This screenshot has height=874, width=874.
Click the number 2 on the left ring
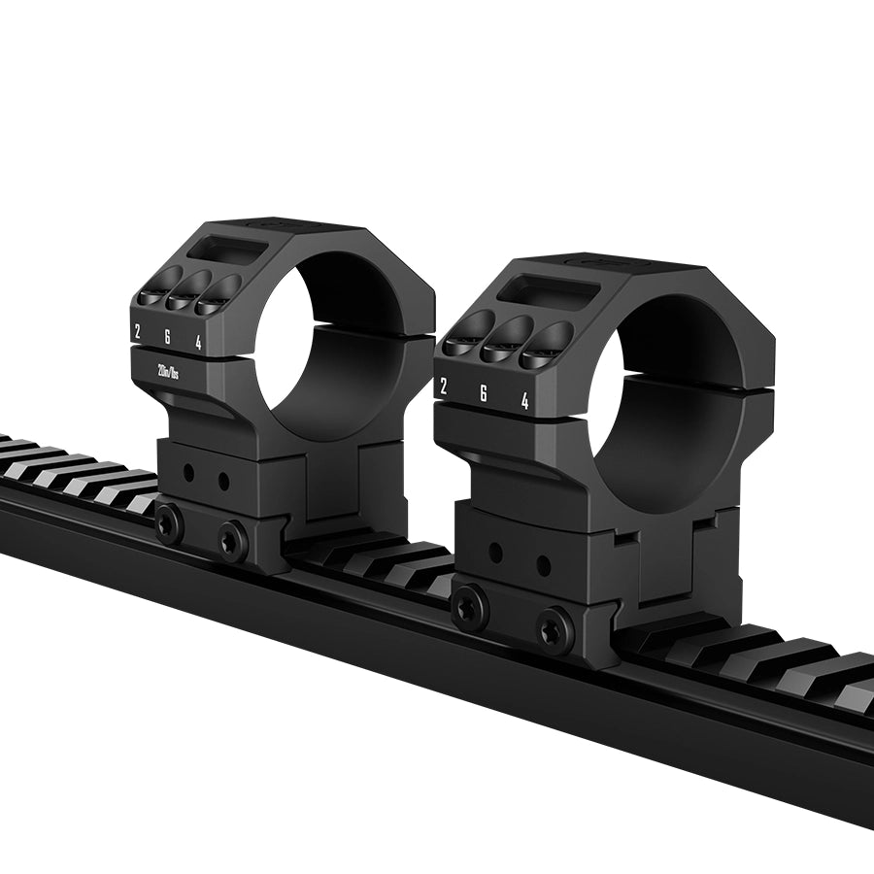point(137,331)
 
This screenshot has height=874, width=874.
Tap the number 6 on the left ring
point(167,337)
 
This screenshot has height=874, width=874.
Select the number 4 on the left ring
point(198,343)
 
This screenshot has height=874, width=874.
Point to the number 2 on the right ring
point(444,386)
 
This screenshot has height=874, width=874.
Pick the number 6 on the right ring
point(483,393)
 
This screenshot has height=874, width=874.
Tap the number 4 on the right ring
point(524,401)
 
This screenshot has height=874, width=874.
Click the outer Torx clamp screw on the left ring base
point(169,525)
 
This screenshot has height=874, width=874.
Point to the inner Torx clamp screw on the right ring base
point(555,630)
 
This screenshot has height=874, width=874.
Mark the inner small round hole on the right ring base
point(544,566)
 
